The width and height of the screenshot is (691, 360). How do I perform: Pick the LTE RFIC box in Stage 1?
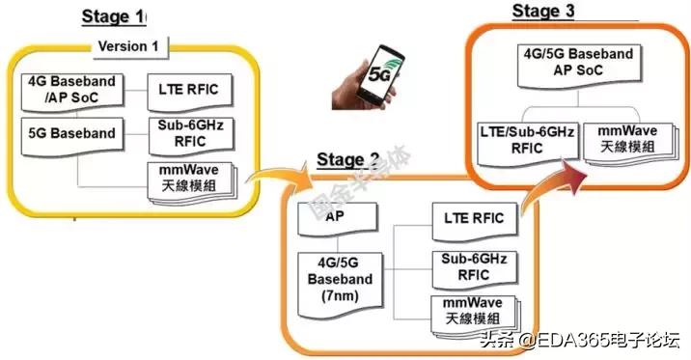pos(188,90)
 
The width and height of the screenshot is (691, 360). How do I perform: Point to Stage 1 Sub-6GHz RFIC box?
pos(188,132)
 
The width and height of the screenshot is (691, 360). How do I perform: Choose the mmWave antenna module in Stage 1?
pos(187,180)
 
